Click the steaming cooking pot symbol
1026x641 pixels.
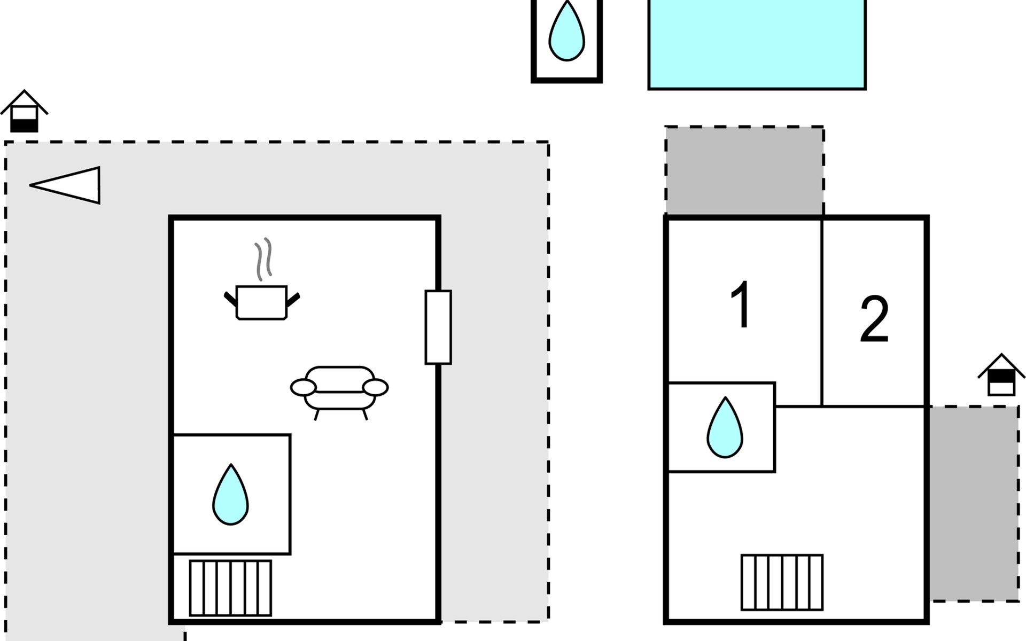click(x=261, y=302)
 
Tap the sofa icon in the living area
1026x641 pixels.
click(x=339, y=388)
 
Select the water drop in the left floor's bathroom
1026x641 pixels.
click(x=230, y=495)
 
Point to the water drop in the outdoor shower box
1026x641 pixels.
click(x=566, y=32)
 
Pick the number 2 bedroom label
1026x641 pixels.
click(x=874, y=319)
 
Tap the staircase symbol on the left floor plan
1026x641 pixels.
click(x=230, y=588)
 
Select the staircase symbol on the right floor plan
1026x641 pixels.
click(x=782, y=582)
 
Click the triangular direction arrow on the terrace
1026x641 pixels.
click(x=69, y=185)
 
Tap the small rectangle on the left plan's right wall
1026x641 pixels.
click(x=438, y=327)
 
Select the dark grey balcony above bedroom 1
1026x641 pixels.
click(x=744, y=170)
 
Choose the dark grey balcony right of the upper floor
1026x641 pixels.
click(x=974, y=503)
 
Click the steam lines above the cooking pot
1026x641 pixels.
click(x=263, y=259)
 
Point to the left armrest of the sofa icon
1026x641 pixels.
click(x=304, y=387)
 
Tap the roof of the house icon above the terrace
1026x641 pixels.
click(x=25, y=99)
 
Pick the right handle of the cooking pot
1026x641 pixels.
click(x=293, y=300)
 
